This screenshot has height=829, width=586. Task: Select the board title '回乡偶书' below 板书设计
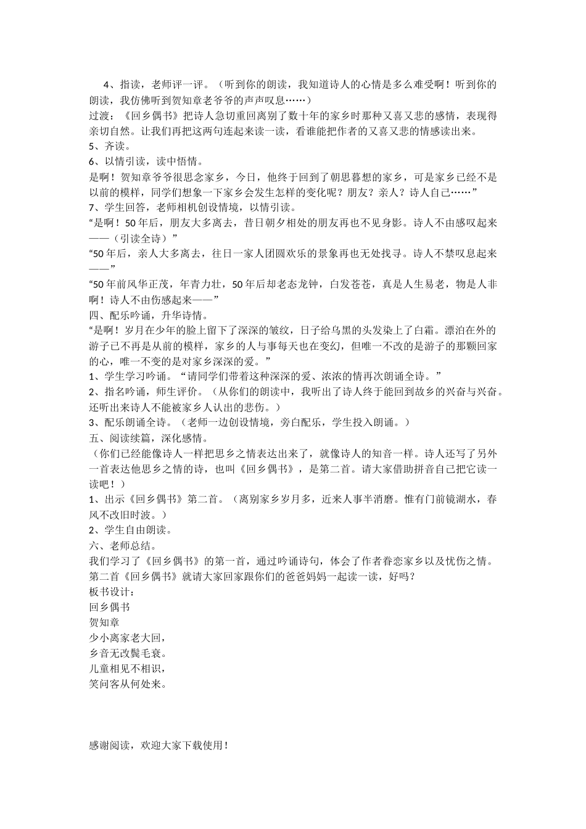pyautogui.click(x=110, y=607)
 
